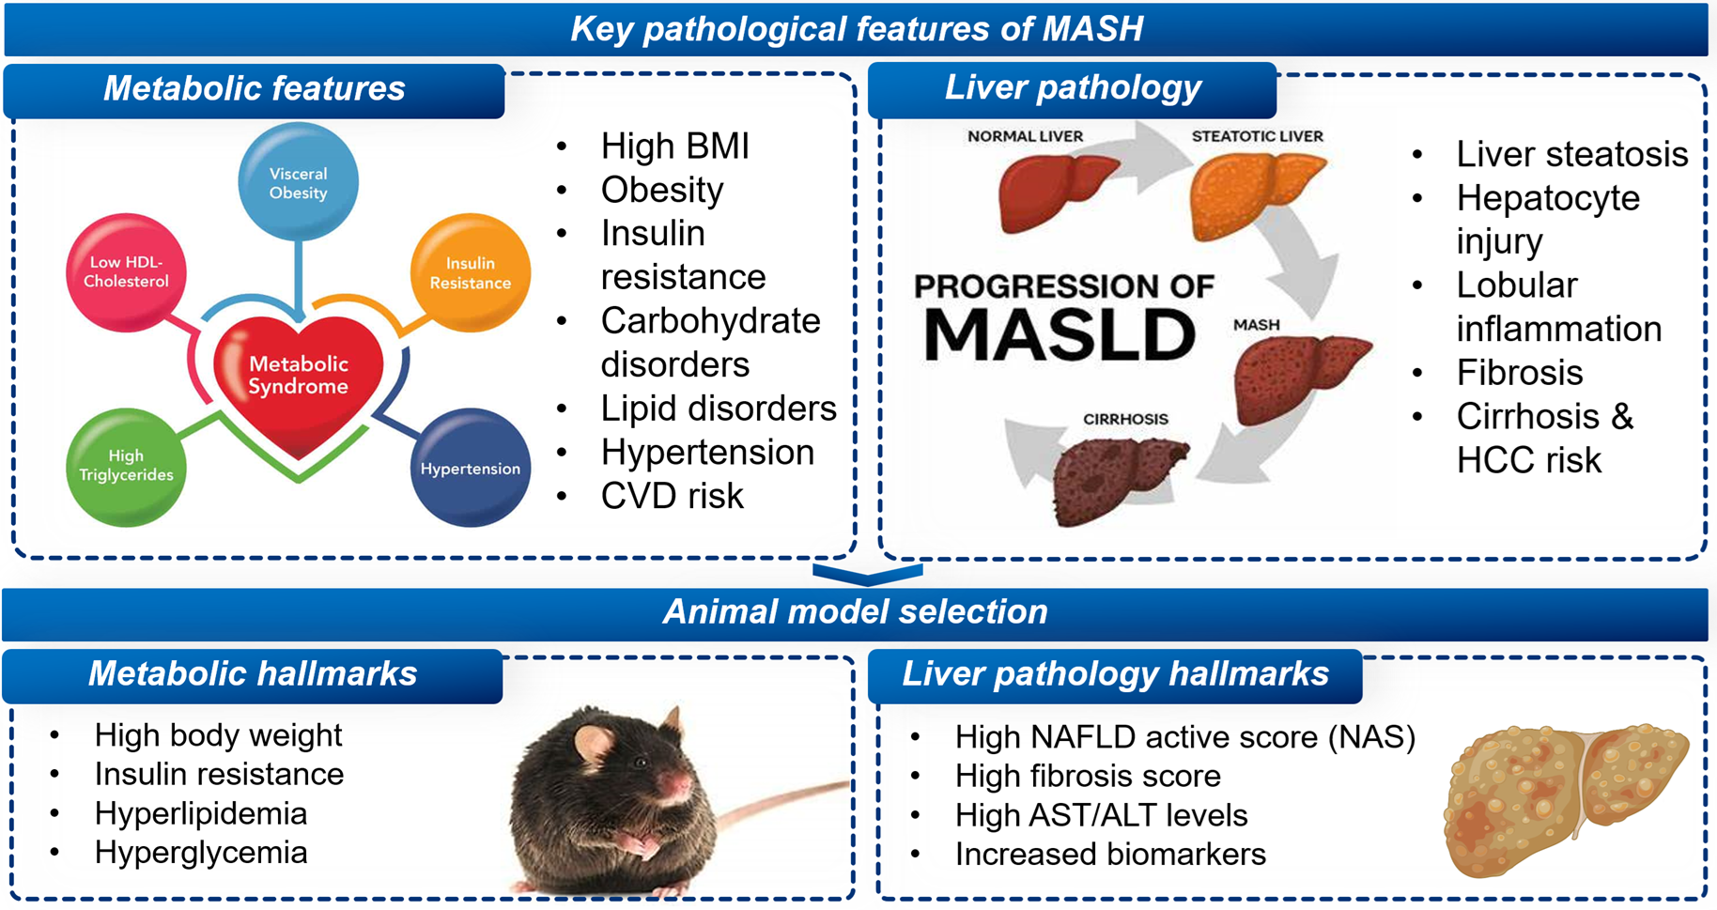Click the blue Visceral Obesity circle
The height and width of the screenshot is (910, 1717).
[x=298, y=182]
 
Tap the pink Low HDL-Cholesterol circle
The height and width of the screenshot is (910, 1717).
[x=126, y=272]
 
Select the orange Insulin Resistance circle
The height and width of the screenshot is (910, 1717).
[x=471, y=273]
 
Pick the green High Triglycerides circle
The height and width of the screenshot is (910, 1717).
[x=126, y=466]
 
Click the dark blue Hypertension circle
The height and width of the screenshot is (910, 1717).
[x=471, y=468]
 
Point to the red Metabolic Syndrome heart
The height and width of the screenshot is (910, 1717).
[x=299, y=380]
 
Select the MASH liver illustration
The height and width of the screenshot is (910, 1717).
[x=1295, y=376]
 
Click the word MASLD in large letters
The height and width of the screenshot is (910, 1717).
[x=1060, y=334]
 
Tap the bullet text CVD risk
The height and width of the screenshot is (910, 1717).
[x=672, y=496]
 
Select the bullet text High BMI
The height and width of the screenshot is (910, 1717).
[x=674, y=147]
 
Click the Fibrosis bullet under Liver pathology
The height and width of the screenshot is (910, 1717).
[x=1519, y=373]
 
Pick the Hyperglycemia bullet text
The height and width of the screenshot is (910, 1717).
[x=201, y=853]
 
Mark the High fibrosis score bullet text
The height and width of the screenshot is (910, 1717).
[x=1087, y=777]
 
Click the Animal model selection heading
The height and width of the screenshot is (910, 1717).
[x=855, y=612]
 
